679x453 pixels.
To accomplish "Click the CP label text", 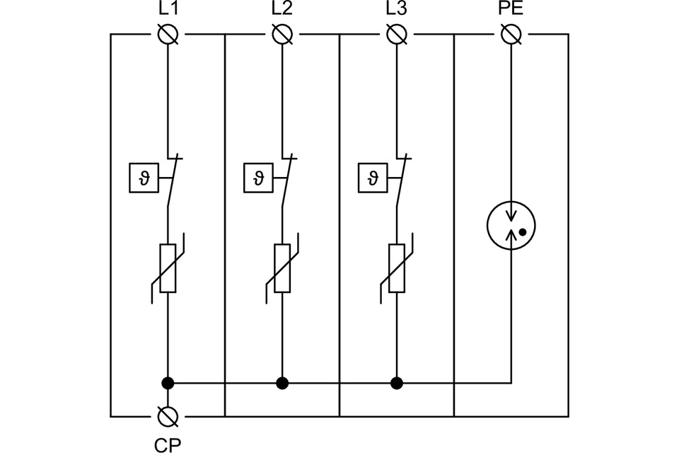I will pos(168,445).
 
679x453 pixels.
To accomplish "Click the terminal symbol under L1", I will pos(168,34).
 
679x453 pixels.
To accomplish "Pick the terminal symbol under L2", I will pos(282,34).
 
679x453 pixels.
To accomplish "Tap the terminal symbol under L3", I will pos(397,34).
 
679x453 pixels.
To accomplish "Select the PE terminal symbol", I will pos(511,34).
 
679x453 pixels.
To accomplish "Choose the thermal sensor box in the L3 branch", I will pos(371,178).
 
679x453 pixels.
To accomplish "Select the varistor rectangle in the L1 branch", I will pos(168,268).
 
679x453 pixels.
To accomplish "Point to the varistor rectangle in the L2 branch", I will pos(282,268).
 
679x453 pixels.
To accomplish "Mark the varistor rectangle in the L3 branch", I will pos(397,268).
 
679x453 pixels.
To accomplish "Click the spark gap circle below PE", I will pos(511,226).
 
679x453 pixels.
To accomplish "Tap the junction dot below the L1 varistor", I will pos(168,384).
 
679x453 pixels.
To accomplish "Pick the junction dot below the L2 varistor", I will pos(282,384).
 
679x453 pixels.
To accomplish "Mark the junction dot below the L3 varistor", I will pos(397,384).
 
